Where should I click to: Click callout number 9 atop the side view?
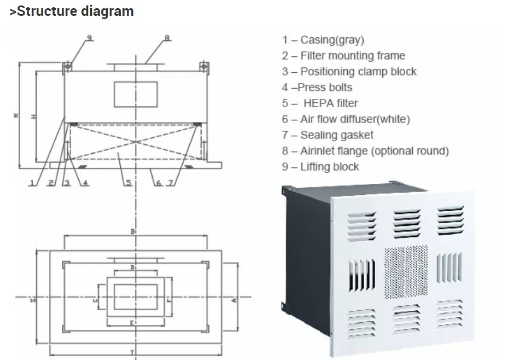pos(89,37)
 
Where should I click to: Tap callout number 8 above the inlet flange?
pos(167,37)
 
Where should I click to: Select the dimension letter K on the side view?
pos(16,115)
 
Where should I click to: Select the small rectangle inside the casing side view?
pos(136,94)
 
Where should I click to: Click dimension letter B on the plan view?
pos(133,232)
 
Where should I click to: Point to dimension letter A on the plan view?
pos(234,299)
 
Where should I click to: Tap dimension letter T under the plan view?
pos(133,351)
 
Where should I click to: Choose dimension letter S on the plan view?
pos(33,300)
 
